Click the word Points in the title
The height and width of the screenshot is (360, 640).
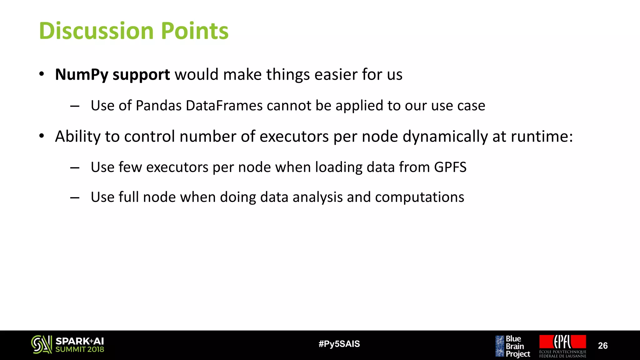tap(194, 31)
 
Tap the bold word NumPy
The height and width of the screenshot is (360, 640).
tap(82, 75)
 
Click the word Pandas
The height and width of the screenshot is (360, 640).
tap(158, 106)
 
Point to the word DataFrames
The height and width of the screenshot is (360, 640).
tap(224, 106)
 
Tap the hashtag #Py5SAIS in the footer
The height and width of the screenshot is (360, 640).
tap(339, 344)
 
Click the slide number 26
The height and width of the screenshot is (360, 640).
tap(602, 346)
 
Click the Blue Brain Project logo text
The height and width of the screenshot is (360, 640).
tap(517, 346)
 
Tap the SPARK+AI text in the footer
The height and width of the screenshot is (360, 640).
tap(79, 341)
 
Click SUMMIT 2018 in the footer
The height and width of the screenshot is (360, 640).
tap(79, 350)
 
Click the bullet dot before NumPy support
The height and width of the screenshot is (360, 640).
tap(42, 74)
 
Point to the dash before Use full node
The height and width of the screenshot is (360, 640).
tap(75, 198)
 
